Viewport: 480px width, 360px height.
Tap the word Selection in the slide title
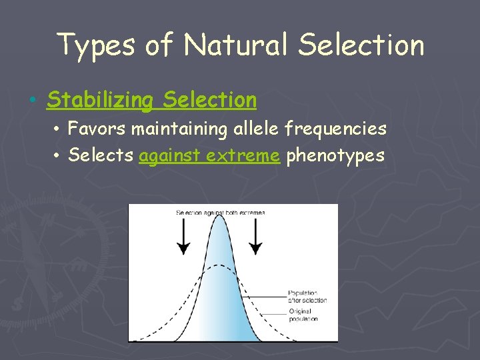pos(361,45)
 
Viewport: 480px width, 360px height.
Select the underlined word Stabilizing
pos(100,100)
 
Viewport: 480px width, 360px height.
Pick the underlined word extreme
pos(243,155)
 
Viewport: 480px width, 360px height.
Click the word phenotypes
pos(335,155)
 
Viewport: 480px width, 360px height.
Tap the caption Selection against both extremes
pos(220,213)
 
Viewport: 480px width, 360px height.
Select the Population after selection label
pos(307,297)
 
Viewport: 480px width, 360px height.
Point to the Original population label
pos(303,315)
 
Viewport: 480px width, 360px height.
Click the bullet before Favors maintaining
pos(59,127)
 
